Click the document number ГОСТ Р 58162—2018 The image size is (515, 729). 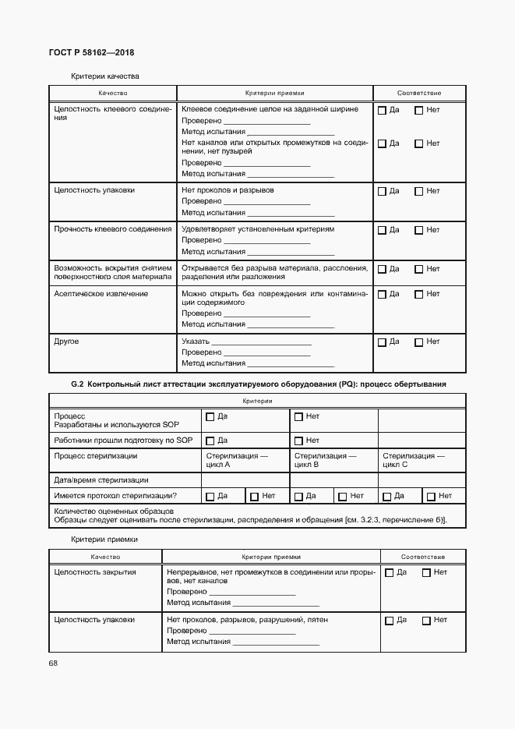(90, 53)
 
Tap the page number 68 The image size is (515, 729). (53, 663)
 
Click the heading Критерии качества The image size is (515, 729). (104, 76)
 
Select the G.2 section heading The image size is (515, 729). (258, 384)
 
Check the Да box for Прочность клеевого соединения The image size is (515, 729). (382, 230)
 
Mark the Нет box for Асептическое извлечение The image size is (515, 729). (418, 294)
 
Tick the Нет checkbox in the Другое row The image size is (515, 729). (418, 341)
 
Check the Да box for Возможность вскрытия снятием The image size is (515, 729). (382, 269)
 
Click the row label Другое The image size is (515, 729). (66, 341)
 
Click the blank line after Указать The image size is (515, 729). (261, 341)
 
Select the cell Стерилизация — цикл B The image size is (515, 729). (325, 460)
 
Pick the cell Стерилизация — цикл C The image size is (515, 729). (414, 460)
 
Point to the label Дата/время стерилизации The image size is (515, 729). (101, 480)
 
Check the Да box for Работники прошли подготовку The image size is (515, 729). (210, 441)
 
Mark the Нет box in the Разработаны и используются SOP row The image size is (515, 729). (298, 417)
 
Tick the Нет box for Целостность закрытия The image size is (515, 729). (426, 572)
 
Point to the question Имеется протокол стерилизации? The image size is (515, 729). (115, 496)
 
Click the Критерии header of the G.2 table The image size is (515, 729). (257, 400)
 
